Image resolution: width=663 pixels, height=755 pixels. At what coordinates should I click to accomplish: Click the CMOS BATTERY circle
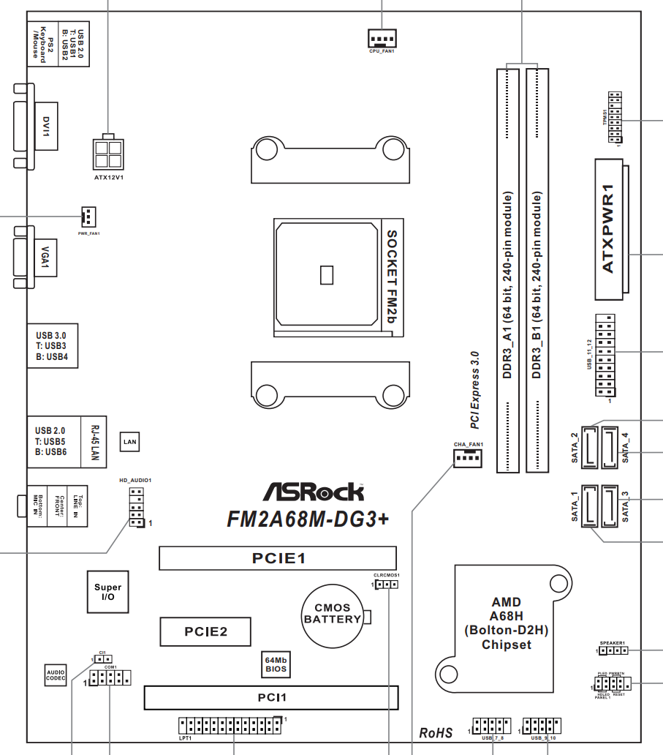coord(333,615)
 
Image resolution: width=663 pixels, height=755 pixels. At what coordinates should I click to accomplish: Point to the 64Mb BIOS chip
coord(276,664)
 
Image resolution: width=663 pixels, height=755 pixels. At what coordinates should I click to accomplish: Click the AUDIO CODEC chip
coord(56,676)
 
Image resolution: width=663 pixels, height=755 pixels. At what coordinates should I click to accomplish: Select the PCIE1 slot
coord(278,558)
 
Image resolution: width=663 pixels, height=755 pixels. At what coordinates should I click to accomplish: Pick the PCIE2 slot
coord(205,631)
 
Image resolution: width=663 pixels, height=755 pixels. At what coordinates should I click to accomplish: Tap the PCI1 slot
coord(271,697)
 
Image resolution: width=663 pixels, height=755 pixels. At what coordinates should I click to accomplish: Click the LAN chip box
coord(130,442)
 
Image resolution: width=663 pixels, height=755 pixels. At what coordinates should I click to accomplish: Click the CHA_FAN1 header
coord(468,458)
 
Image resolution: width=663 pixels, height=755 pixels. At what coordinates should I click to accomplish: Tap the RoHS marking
coord(436,732)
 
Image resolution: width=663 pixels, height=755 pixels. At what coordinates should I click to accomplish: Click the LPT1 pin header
coord(230,726)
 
